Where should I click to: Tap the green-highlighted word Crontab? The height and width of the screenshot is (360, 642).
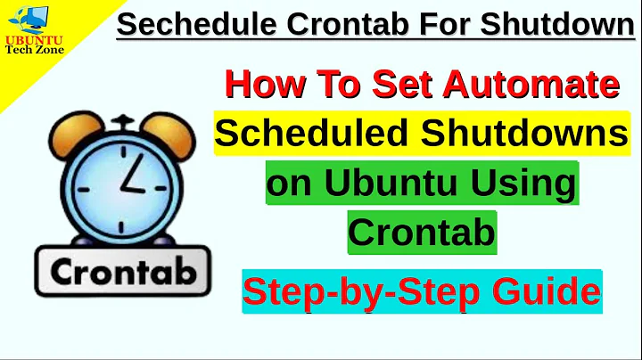click(x=421, y=233)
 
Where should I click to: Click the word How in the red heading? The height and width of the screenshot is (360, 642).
click(x=259, y=86)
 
